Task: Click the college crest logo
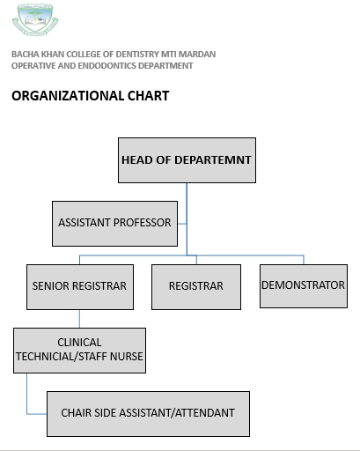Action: tap(35, 19)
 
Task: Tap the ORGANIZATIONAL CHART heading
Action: tap(91, 96)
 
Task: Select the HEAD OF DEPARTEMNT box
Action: tap(187, 160)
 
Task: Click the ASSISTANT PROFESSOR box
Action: tap(114, 224)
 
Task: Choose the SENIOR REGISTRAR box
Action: tap(80, 287)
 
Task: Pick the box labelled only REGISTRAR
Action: tap(196, 287)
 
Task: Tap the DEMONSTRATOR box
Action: tap(304, 286)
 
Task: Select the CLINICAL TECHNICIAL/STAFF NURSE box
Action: tap(79, 351)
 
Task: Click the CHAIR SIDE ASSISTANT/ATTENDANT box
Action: tap(148, 414)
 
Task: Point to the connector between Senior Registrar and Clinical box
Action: tap(79, 319)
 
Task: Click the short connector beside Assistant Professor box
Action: tap(182, 224)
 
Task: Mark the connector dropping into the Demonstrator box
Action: tap(304, 260)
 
